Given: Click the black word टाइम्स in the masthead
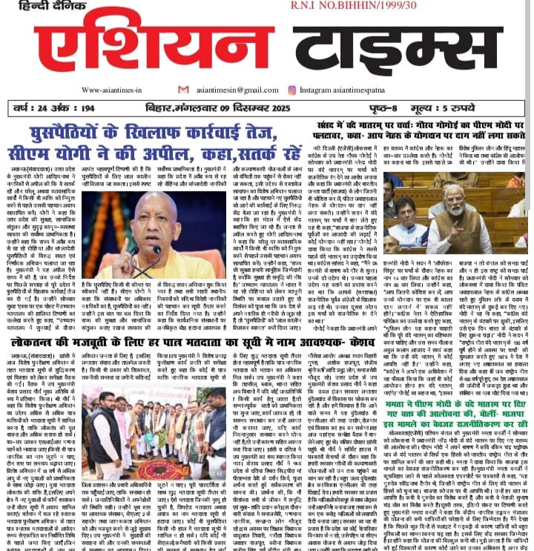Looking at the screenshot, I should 371,45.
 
